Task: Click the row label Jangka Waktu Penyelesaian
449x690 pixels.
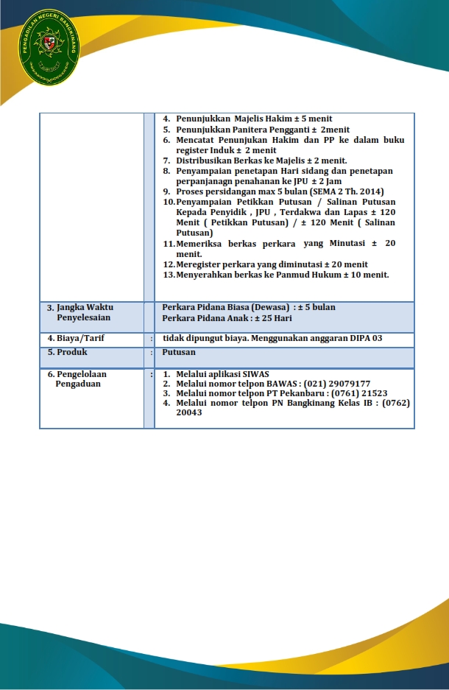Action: pyautogui.click(x=84, y=311)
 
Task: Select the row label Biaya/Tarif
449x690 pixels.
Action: pyautogui.click(x=78, y=339)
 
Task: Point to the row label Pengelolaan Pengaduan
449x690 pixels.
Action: pyautogui.click(x=81, y=379)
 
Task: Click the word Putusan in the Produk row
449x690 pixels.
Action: pyautogui.click(x=179, y=352)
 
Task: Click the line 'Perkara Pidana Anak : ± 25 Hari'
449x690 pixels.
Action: pyautogui.click(x=227, y=317)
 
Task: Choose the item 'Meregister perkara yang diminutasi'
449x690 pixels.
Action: pyautogui.click(x=265, y=264)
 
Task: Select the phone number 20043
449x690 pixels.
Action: pyautogui.click(x=189, y=412)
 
